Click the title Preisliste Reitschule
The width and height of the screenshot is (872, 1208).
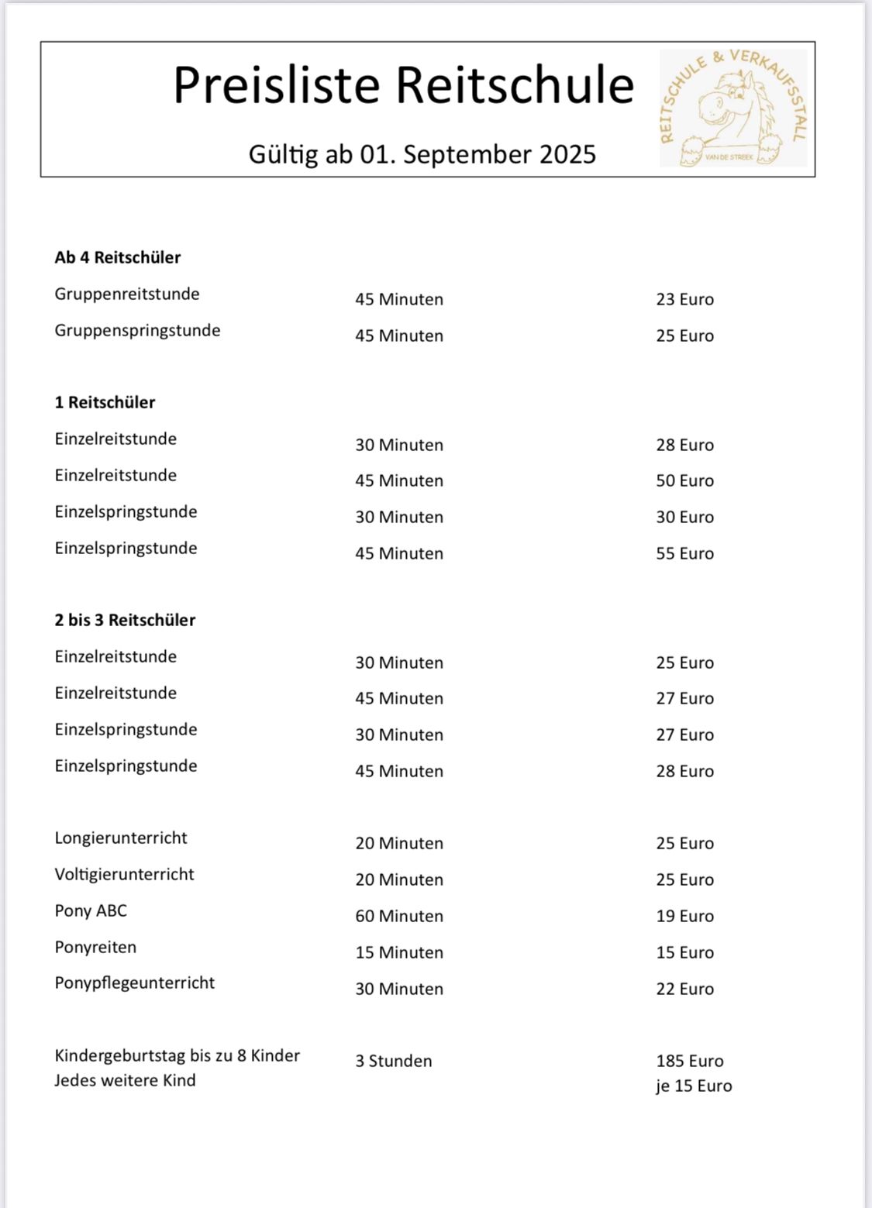[403, 84]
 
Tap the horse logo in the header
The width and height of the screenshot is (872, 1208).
[733, 108]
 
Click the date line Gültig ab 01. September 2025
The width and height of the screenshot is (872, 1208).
[422, 154]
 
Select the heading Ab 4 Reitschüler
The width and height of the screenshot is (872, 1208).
[118, 257]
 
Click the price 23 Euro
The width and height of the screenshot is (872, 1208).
[684, 299]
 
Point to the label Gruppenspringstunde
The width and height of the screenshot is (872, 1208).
[137, 330]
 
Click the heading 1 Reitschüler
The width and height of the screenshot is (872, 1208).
[105, 402]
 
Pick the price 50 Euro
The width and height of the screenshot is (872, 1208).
[684, 480]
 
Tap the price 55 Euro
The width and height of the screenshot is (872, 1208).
[684, 553]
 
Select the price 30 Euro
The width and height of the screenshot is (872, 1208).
[684, 517]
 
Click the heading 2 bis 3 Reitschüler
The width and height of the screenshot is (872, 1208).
[125, 620]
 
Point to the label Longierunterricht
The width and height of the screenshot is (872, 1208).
[121, 838]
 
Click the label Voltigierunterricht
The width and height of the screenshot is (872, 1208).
[124, 874]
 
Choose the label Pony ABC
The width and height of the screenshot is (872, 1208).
[91, 910]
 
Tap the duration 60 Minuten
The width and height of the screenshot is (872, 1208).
[399, 916]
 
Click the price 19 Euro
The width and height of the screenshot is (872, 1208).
[684, 916]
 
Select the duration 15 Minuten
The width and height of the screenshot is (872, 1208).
[399, 952]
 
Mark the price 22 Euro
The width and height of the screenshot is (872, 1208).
[684, 989]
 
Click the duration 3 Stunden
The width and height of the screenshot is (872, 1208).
[394, 1061]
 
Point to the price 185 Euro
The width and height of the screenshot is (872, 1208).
[690, 1061]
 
